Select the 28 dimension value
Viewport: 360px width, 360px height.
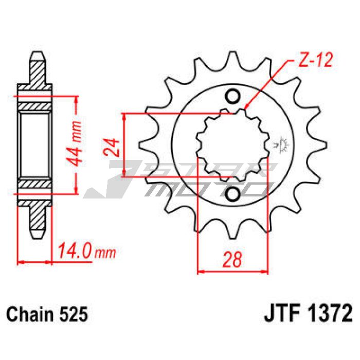pos(232,259)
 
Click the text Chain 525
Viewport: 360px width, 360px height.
pos(47,314)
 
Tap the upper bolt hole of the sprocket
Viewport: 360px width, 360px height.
pos(232,97)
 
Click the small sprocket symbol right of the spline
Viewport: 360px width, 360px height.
pos(281,145)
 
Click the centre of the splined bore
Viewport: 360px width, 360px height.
pos(232,146)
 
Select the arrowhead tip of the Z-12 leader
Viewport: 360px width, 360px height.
pos(245,108)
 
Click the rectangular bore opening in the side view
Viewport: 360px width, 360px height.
pos(34,145)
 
